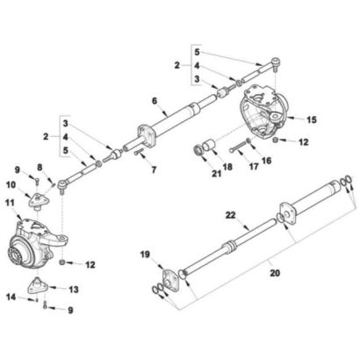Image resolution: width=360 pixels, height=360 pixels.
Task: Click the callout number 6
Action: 155,101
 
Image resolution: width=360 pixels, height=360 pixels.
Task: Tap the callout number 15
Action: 312,119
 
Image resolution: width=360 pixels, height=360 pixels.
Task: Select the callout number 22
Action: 230,215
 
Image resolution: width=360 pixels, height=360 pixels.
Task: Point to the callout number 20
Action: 275,273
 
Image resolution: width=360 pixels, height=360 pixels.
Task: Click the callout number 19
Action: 145,255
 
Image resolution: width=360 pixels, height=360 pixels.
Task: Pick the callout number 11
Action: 11,203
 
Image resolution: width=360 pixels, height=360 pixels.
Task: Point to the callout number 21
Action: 217,174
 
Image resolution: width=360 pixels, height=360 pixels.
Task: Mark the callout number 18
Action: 227,167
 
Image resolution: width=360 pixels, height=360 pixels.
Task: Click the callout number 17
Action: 254,167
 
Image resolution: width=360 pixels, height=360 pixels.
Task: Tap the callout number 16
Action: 266,160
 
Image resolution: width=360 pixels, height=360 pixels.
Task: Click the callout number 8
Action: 40,167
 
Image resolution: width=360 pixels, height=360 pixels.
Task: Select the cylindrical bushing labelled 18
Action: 210,145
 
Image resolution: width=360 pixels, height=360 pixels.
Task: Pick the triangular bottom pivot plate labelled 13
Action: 39,284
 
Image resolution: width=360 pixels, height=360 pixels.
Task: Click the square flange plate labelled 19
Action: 169,281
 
